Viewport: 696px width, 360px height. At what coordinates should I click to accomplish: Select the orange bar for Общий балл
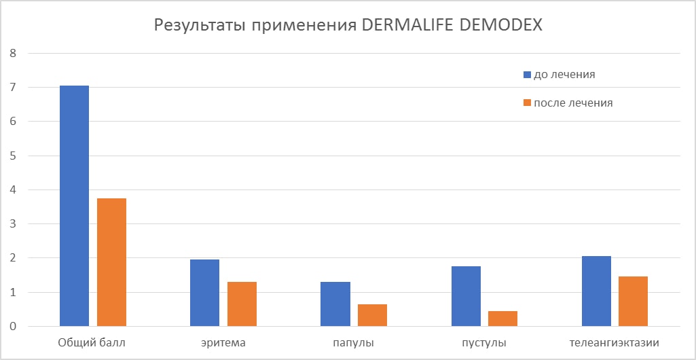click(x=111, y=262)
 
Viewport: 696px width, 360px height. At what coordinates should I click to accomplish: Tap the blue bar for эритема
click(x=204, y=293)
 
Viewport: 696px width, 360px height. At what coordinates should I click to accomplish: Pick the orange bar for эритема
click(x=242, y=304)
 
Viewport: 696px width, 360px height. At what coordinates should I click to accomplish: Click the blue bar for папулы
click(x=335, y=304)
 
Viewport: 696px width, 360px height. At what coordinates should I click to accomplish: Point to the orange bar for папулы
click(x=372, y=315)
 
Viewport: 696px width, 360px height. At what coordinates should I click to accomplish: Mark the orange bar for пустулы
click(x=502, y=319)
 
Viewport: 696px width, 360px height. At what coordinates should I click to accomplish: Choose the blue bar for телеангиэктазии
click(x=596, y=291)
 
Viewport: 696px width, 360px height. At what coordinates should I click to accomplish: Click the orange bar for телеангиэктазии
click(x=634, y=301)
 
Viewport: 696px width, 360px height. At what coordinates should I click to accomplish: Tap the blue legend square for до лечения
click(x=527, y=74)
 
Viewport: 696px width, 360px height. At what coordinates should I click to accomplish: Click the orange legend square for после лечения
click(x=527, y=103)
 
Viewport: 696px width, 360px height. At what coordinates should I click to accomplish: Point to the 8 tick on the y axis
click(x=12, y=53)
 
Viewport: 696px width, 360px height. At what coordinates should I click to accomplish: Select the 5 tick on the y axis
click(x=12, y=156)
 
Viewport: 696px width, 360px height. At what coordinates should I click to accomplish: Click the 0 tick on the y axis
click(x=12, y=327)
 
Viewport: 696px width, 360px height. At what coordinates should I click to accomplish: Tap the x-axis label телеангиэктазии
click(x=615, y=343)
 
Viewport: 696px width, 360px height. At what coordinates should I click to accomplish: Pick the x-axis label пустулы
click(x=484, y=343)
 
